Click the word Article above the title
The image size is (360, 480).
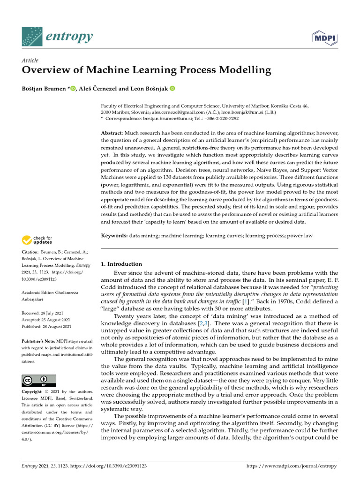[30, 60]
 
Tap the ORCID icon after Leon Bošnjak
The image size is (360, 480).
[172, 88]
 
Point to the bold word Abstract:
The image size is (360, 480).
[112, 134]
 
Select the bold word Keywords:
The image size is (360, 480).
[115, 236]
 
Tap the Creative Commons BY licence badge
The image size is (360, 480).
[39, 381]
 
